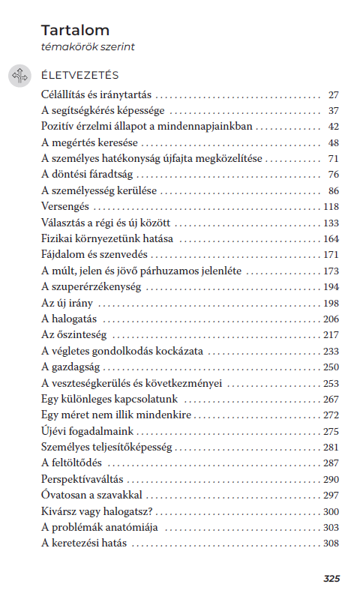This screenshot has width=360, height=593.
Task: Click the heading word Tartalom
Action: (75, 31)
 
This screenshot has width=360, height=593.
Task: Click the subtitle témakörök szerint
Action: (87, 47)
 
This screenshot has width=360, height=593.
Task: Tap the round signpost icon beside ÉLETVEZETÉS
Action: (19, 75)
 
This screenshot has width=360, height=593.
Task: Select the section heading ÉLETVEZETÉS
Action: (79, 76)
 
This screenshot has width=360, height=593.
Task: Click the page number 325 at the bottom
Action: (331, 578)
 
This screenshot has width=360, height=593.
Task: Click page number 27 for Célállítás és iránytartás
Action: (334, 95)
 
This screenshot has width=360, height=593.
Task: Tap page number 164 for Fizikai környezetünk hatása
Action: (331, 239)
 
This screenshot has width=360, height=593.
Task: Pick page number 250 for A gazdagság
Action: (331, 367)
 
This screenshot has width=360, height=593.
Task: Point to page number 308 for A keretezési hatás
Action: (331, 543)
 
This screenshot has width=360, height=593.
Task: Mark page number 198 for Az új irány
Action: (331, 303)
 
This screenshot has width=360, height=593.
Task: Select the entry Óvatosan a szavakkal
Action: (91, 495)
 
